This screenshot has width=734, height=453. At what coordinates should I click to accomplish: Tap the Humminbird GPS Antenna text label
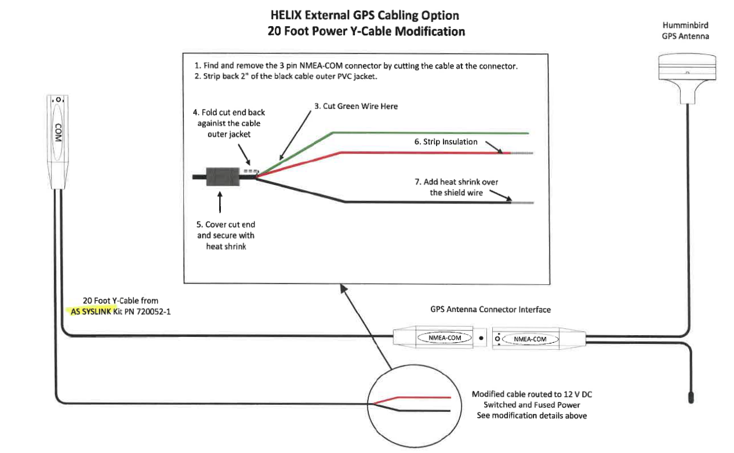pyautogui.click(x=685, y=31)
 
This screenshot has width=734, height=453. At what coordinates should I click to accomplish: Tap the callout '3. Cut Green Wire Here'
pyautogui.click(x=356, y=107)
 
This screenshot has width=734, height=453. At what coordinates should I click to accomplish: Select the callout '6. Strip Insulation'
pyautogui.click(x=445, y=142)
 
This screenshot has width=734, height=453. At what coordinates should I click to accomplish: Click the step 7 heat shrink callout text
pyautogui.click(x=456, y=187)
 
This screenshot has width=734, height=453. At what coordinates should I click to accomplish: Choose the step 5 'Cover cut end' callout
pyautogui.click(x=226, y=235)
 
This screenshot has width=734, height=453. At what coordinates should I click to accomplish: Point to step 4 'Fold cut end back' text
pyautogui.click(x=228, y=123)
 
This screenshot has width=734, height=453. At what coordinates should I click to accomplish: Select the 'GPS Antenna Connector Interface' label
pyautogui.click(x=490, y=309)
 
